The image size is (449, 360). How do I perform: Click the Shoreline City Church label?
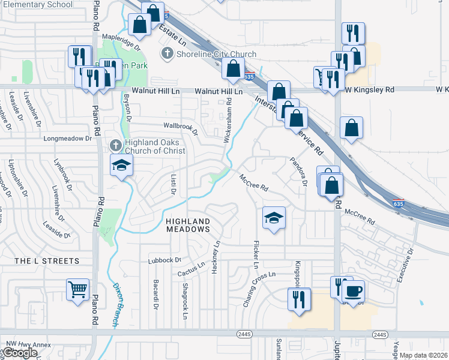pos(217,54)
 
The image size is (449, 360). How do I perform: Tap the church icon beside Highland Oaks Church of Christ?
pos(116,145)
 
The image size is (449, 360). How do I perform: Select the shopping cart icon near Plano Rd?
pos(78,290)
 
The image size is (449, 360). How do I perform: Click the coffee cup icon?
pos(353,291)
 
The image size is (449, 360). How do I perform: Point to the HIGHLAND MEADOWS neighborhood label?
pos(188,225)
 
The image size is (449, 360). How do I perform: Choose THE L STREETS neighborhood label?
pos(47,261)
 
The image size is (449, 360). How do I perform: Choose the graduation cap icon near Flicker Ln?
pos(274,218)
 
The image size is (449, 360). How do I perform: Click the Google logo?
pos(20,353)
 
